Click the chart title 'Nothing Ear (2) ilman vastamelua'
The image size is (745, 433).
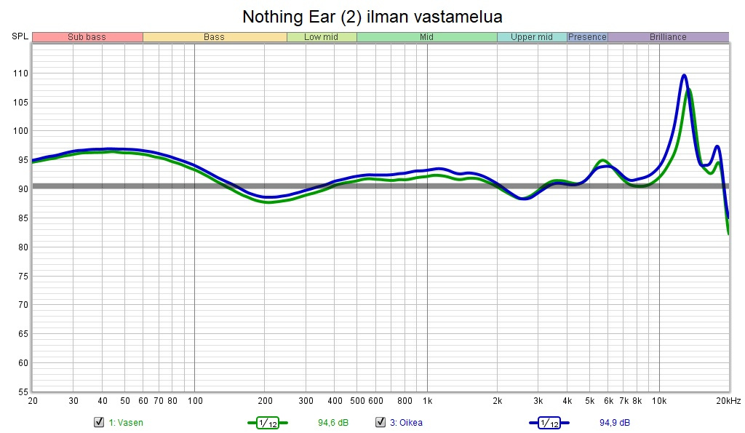[372, 16]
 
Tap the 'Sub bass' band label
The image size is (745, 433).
[87, 37]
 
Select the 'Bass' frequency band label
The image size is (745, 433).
[214, 37]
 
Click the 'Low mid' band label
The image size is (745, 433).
[321, 37]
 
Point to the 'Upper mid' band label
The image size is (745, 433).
[531, 37]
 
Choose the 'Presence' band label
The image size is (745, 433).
[587, 37]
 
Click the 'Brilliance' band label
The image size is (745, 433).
[668, 37]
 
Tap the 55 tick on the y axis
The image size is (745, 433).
[22, 392]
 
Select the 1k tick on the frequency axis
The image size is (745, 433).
[427, 401]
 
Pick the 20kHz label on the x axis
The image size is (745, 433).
[728, 401]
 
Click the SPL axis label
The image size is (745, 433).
[20, 36]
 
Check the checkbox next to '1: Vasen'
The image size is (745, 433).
[99, 422]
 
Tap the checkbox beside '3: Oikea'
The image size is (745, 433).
[380, 422]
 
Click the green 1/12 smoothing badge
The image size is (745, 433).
[267, 423]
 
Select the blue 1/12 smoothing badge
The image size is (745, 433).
[549, 423]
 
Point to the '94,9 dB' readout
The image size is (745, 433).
[615, 423]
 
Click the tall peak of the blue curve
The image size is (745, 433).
[684, 75]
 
